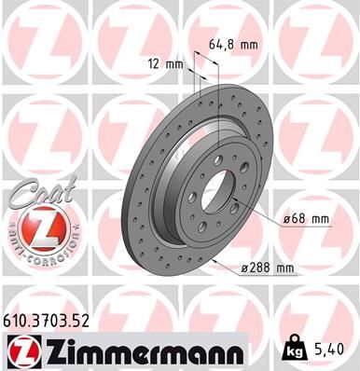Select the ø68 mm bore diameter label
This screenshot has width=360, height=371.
[x=306, y=219]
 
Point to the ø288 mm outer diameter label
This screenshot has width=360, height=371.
[x=267, y=268]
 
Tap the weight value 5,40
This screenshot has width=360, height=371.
[x=335, y=350]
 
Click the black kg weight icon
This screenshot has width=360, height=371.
[x=295, y=350]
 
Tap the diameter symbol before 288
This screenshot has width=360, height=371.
[x=244, y=268]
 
